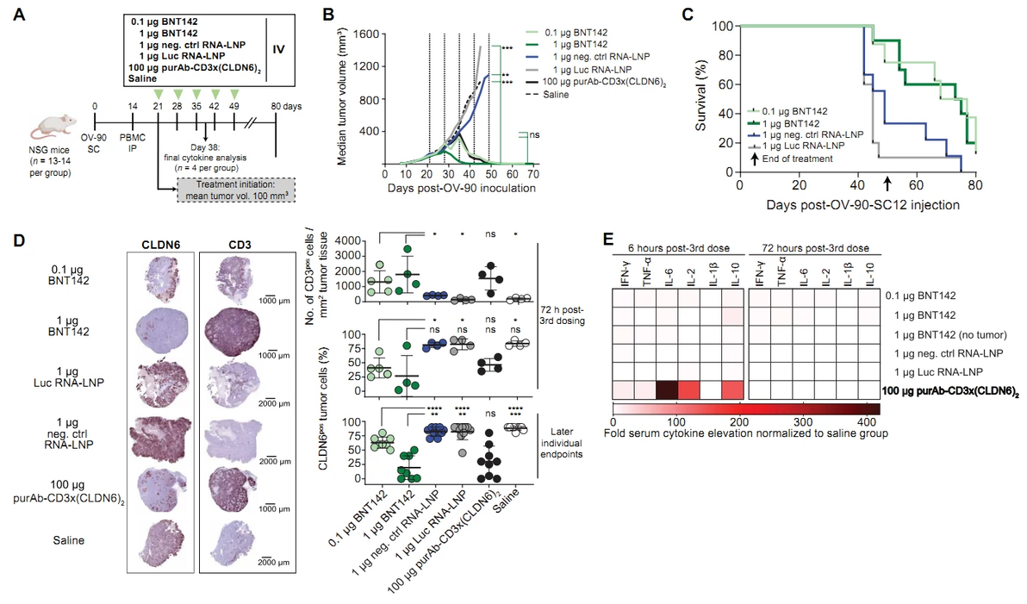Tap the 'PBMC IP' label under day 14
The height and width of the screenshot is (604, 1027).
134,140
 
